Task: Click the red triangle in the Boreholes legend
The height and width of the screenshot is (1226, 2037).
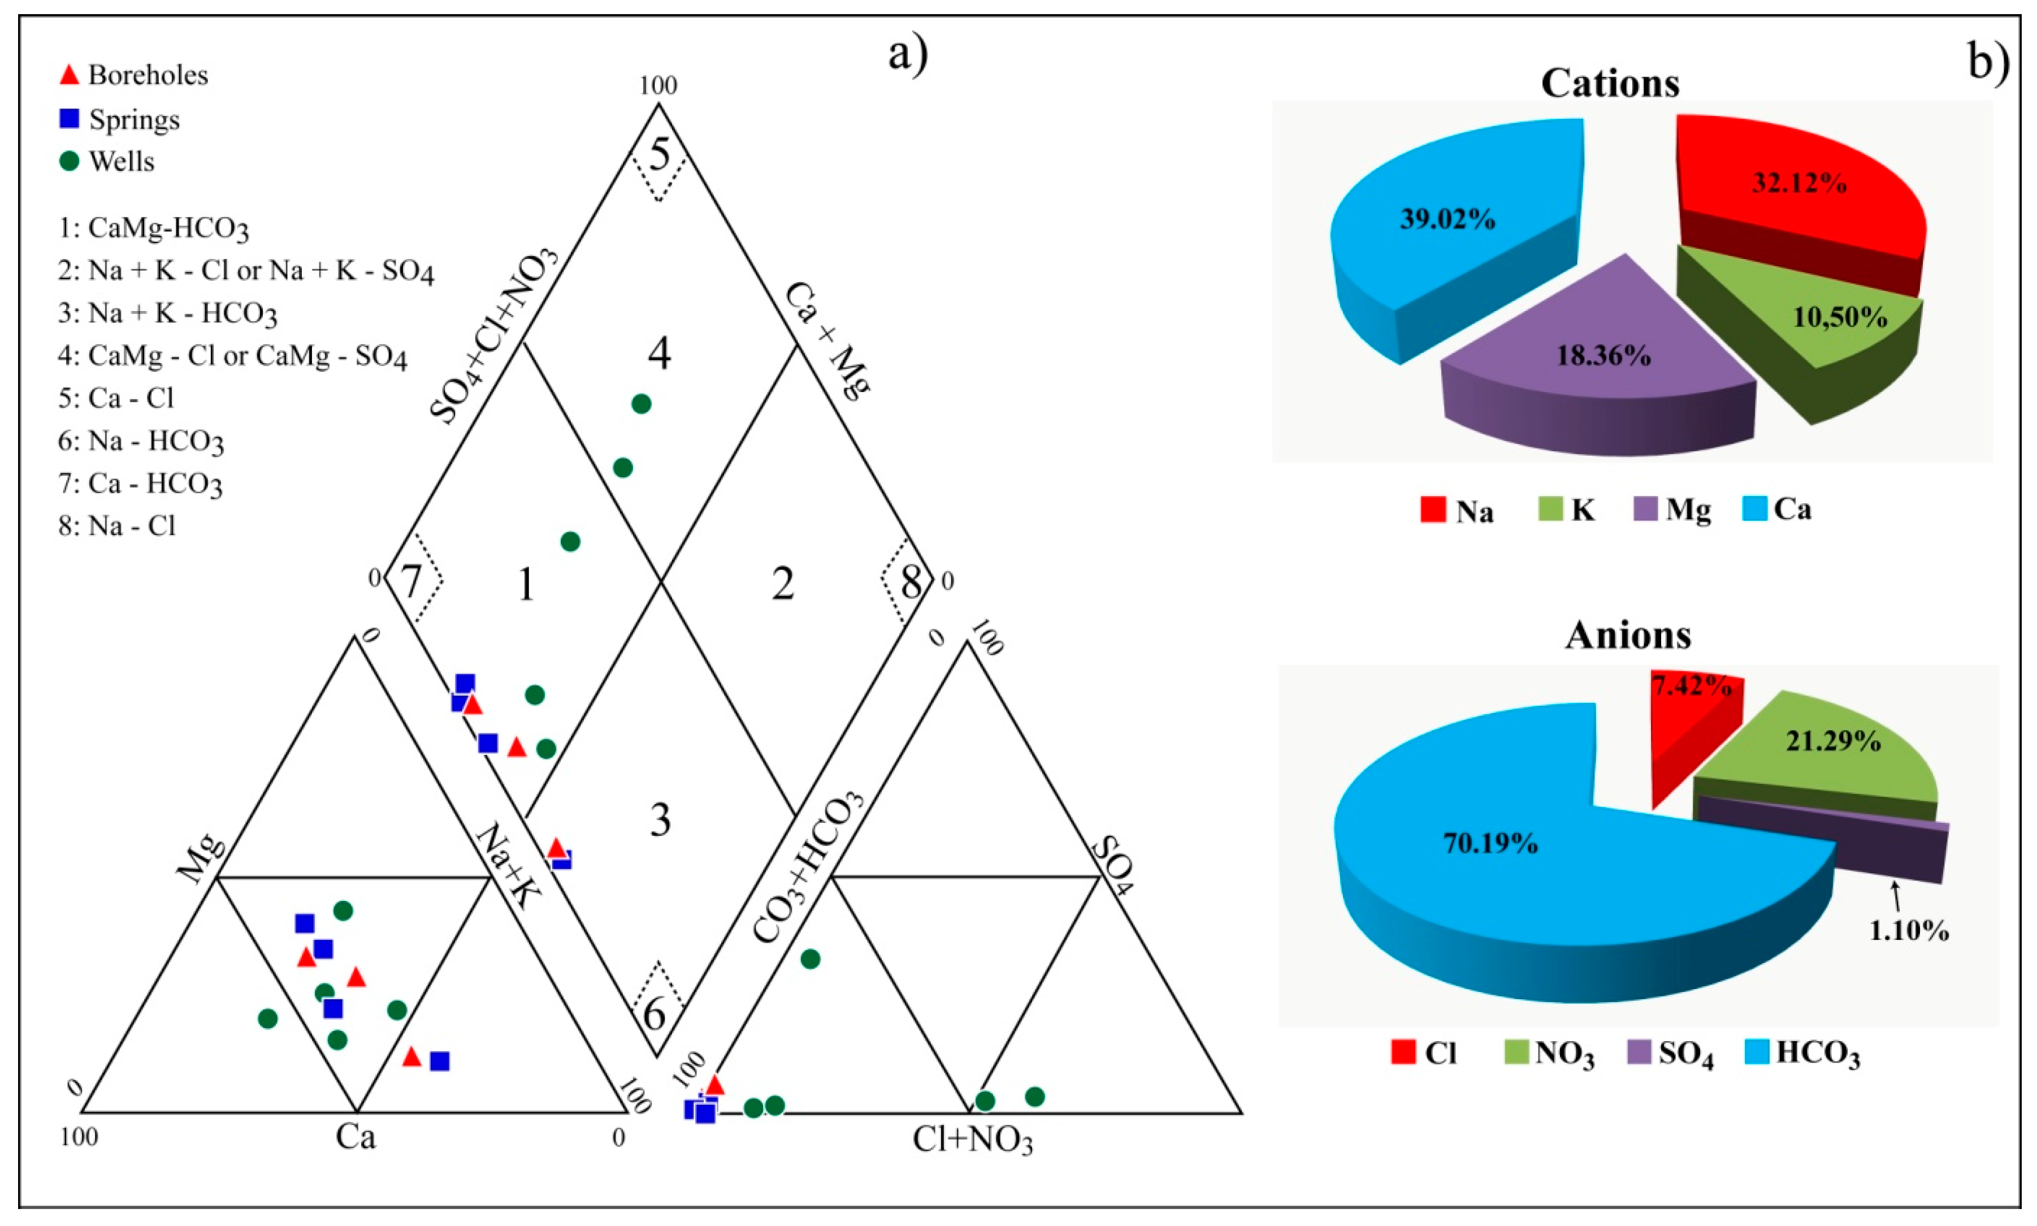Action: tap(70, 75)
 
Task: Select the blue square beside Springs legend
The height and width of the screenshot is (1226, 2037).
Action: tap(70, 119)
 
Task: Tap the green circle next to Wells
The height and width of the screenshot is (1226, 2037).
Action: tap(70, 161)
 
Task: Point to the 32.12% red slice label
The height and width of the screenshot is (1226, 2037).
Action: tap(1799, 183)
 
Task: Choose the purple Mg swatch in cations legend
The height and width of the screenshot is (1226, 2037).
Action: tap(1646, 510)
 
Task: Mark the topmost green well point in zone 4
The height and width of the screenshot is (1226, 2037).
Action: tap(642, 404)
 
